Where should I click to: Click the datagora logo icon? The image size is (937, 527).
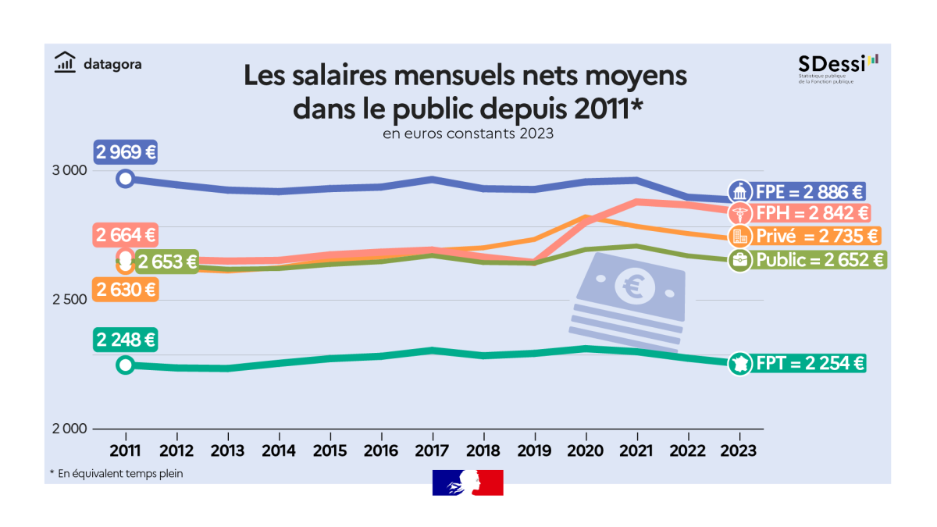[66, 62]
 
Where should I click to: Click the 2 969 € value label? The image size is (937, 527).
[125, 152]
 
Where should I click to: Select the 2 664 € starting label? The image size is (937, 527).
[125, 235]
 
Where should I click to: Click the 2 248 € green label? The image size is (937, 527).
[125, 340]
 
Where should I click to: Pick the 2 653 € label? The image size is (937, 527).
[166, 262]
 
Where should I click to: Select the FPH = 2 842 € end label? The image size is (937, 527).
[809, 212]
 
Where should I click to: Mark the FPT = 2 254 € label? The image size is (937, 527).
[807, 363]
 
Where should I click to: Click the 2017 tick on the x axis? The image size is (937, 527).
[433, 451]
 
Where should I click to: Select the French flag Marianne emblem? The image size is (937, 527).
[468, 482]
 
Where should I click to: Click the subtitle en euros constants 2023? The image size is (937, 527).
[468, 134]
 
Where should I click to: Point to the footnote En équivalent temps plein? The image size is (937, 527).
[116, 473]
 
